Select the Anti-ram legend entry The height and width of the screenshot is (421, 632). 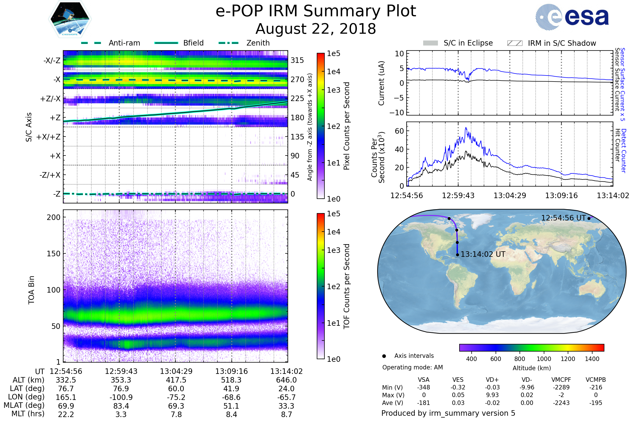pyautogui.click(x=124, y=43)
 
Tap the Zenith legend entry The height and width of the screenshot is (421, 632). pyautogui.click(x=258, y=43)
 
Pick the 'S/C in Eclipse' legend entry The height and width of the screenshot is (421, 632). pyautogui.click(x=468, y=43)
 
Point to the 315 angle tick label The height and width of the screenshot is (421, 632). pyautogui.click(x=297, y=60)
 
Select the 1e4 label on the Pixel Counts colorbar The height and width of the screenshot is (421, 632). pyautogui.click(x=333, y=72)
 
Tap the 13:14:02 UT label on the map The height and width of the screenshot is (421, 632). pyautogui.click(x=483, y=254)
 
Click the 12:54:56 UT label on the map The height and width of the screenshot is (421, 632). pyautogui.click(x=563, y=218)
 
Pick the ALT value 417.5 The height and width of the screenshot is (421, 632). pyautogui.click(x=176, y=380)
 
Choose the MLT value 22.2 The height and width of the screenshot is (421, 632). pyautogui.click(x=66, y=414)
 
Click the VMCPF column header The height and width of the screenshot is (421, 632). pyautogui.click(x=561, y=380)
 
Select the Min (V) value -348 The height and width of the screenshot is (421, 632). pyautogui.click(x=423, y=387)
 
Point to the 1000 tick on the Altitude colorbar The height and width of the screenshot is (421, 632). pyautogui.click(x=544, y=359)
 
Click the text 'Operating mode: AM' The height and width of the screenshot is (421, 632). pyautogui.click(x=412, y=367)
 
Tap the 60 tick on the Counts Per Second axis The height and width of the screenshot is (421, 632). pyautogui.click(x=399, y=131)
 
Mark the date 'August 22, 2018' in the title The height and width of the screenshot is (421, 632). pyautogui.click(x=316, y=29)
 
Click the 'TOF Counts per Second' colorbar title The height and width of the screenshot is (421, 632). pyautogui.click(x=347, y=286)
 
